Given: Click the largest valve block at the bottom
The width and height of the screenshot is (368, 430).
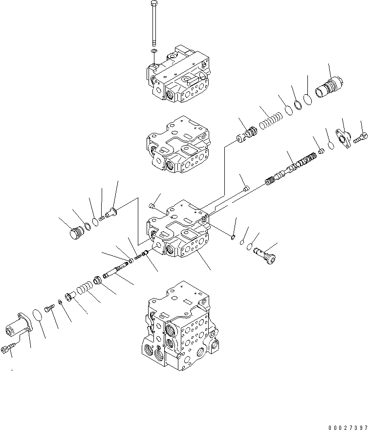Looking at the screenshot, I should (x=178, y=325).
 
